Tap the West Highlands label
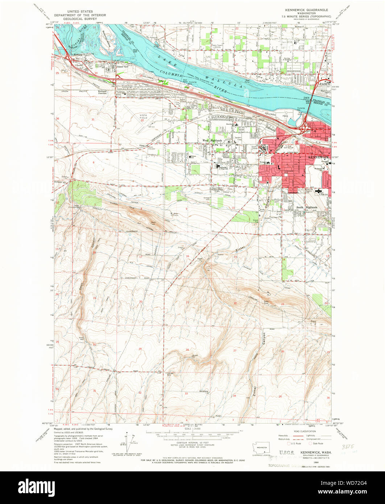[x=212, y=140]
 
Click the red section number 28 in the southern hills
[x=187, y=350]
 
